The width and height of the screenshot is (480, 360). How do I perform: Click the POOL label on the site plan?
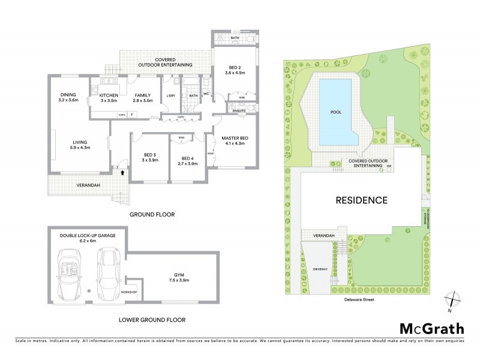[337, 112]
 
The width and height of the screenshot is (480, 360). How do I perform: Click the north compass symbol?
[453, 300]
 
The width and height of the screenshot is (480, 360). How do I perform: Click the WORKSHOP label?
[129, 292]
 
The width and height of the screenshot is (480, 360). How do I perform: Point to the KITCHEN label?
[109, 95]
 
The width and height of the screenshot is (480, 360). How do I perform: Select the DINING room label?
[69, 94]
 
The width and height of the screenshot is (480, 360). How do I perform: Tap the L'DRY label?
[170, 96]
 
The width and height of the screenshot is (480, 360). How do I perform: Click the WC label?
[207, 94]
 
